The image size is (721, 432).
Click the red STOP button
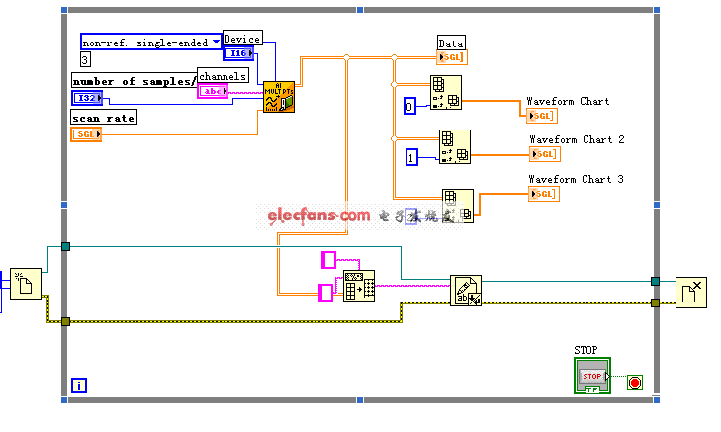point(591,375)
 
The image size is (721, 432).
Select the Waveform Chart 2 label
point(577,139)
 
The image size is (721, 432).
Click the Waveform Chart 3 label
point(576,179)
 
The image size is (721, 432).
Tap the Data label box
point(451,43)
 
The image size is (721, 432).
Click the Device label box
point(241,39)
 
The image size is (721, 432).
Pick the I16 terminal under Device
point(240,53)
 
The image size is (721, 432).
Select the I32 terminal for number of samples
point(86,97)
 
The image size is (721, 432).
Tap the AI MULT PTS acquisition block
point(278,96)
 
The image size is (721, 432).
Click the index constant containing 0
point(409,105)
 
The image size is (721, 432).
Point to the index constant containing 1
point(412,156)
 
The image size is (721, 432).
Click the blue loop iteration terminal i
point(78,386)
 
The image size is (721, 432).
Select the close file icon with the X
point(690,293)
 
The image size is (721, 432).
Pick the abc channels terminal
point(213,91)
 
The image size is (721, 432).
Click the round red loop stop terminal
point(634,382)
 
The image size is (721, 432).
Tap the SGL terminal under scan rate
point(86,133)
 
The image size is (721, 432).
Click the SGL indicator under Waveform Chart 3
point(544,194)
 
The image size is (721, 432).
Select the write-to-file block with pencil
point(465,290)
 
